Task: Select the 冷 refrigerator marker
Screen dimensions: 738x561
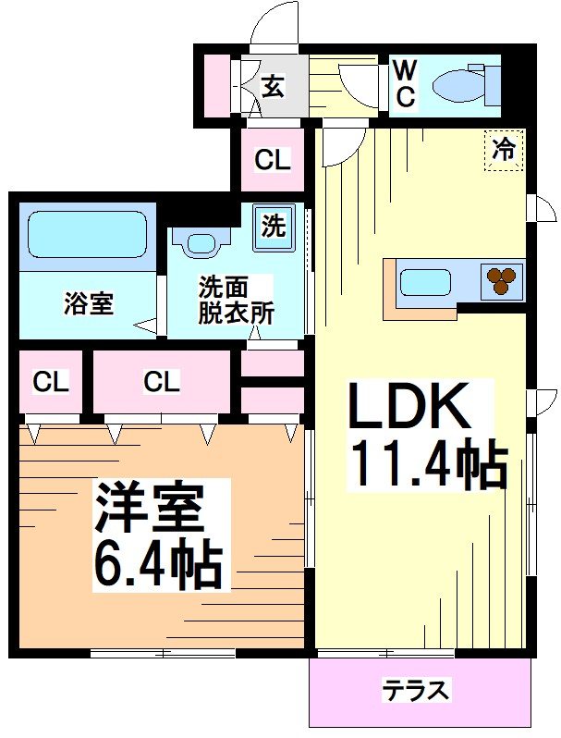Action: pos(504,150)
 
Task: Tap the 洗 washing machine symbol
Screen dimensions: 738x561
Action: pos(274,226)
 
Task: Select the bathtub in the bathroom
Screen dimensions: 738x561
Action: pos(87,234)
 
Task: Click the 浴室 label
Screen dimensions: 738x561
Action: pos(89,302)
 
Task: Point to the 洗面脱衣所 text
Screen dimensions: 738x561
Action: pos(236,299)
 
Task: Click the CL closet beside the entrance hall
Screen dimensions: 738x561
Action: pos(273,159)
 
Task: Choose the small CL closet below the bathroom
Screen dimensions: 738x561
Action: pos(51,381)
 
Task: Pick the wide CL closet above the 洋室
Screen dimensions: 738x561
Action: pos(161,381)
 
